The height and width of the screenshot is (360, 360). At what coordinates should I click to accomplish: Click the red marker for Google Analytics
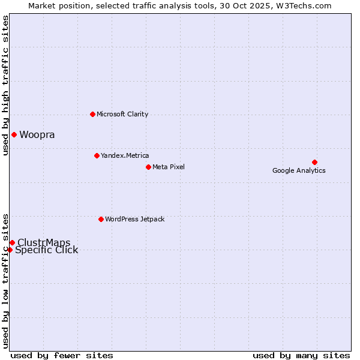314,162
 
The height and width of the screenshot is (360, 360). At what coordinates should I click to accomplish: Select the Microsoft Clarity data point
92,114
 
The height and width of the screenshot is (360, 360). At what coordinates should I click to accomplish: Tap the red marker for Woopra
14,134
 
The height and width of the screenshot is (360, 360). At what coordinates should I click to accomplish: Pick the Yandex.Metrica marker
97,155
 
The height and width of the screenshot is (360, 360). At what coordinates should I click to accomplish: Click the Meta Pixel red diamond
148,167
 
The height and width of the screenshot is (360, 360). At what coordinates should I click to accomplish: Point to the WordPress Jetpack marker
101,219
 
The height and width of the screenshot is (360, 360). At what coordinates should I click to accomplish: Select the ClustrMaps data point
12,242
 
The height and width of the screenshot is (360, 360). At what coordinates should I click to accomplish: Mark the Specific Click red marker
10,250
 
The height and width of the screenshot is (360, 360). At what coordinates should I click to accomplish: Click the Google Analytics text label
299,171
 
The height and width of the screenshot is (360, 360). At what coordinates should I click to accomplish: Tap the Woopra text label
37,135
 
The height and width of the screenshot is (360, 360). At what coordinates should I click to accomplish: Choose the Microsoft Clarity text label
122,115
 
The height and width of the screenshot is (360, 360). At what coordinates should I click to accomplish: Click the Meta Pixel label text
169,167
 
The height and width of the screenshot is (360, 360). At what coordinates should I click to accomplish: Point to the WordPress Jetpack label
134,220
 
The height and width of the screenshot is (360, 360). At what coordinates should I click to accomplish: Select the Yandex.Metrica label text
125,156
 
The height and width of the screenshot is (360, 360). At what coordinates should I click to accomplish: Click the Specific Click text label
47,251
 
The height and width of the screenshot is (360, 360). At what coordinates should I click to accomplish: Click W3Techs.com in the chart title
308,6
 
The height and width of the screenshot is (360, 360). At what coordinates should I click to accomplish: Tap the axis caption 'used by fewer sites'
62,355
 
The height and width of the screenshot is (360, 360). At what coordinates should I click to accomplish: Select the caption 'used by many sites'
301,355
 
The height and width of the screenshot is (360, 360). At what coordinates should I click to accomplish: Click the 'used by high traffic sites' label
6,85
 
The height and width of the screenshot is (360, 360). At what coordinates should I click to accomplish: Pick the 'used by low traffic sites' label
6,280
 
